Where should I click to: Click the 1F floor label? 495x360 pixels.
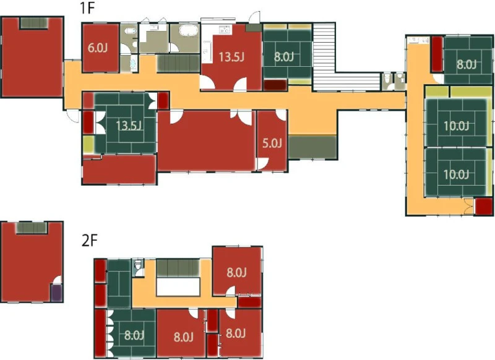[x=87, y=8]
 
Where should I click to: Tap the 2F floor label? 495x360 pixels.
[x=89, y=241]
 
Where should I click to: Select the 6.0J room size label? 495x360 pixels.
[x=98, y=48]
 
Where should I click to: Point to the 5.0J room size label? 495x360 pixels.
[x=272, y=144]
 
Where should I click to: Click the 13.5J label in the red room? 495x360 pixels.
[x=231, y=57]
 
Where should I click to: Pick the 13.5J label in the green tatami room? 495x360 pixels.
[x=129, y=126]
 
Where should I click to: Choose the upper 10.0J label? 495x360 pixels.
[x=456, y=126]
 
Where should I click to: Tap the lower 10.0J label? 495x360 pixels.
[x=456, y=174]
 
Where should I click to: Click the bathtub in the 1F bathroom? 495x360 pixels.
[x=188, y=31]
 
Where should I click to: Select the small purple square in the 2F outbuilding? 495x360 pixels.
[x=57, y=293]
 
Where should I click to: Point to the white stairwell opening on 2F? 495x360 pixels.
[x=178, y=287]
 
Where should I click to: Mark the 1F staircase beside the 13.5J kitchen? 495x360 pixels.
[x=178, y=64]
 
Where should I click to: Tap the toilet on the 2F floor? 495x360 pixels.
[x=137, y=267]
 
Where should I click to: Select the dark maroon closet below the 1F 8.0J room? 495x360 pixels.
[x=275, y=85]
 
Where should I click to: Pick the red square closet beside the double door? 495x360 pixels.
[x=484, y=207]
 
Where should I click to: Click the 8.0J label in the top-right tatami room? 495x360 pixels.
[x=467, y=64]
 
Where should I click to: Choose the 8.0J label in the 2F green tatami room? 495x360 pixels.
[x=134, y=335]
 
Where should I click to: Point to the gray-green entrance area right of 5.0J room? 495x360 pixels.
[x=312, y=147]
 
